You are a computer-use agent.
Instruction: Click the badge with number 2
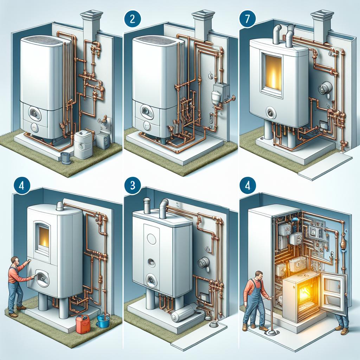point(132,19)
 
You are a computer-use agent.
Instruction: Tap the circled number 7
point(247,19)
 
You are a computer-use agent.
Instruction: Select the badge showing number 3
point(132,185)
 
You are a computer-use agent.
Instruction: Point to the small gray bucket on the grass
point(66,158)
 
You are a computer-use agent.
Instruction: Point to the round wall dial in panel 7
point(324,88)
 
